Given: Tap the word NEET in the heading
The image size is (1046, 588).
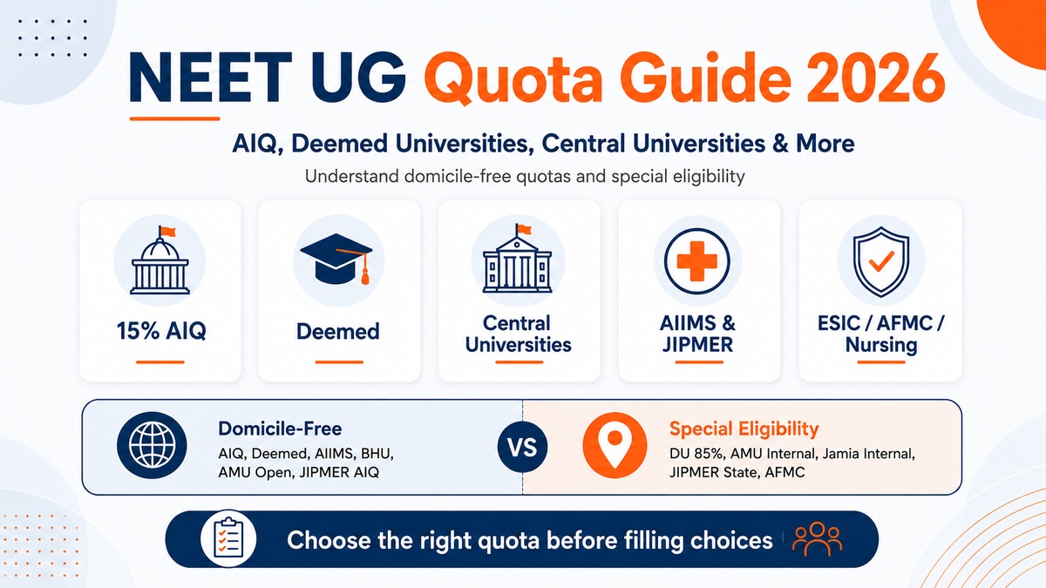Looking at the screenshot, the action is [x=211, y=78].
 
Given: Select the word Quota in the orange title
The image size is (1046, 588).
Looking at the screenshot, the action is [x=513, y=78].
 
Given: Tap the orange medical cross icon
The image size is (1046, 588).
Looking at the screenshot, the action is [x=696, y=260].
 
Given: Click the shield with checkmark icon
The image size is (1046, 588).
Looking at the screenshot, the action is [x=880, y=261].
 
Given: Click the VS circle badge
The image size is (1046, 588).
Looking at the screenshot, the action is [x=522, y=447].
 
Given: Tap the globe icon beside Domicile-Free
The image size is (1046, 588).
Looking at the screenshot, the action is [x=152, y=445].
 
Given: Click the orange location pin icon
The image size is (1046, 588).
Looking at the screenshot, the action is [x=615, y=445].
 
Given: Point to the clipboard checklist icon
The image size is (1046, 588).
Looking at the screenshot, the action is [x=228, y=539].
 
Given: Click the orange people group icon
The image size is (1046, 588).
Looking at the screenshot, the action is [x=818, y=539].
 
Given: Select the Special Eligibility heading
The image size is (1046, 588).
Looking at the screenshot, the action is [x=744, y=429].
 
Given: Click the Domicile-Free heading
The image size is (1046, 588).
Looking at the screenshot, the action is [x=280, y=429].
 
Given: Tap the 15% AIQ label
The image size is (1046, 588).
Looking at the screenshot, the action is [x=161, y=331].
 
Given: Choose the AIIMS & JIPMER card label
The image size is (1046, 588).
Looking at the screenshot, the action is [x=697, y=335].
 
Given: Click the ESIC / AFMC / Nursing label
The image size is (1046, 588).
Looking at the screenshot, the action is [x=880, y=335].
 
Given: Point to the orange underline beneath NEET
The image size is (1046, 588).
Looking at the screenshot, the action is [x=174, y=119].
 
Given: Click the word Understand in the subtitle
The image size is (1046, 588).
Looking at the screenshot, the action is [x=351, y=176].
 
